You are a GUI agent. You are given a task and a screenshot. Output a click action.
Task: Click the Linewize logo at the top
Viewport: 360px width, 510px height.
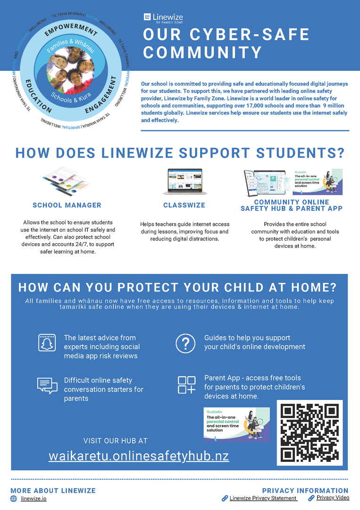163,18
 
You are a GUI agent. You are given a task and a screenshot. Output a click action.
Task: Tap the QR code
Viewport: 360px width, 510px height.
310,433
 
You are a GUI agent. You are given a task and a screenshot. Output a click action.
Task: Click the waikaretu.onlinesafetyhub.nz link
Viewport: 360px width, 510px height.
139,456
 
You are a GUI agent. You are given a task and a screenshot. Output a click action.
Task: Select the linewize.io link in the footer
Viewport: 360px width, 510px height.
33,499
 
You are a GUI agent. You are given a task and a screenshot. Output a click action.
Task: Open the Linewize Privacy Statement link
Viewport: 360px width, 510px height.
263,498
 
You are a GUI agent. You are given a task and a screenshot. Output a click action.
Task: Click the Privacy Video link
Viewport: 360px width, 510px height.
333,498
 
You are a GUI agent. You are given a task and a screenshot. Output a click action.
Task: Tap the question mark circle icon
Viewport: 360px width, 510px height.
185,343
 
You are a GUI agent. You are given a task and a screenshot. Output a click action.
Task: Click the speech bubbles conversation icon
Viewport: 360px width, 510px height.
47,386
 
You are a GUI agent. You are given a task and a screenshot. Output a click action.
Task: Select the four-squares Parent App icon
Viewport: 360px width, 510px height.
186,385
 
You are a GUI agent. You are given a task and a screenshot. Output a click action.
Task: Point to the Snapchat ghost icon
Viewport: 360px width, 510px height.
47,342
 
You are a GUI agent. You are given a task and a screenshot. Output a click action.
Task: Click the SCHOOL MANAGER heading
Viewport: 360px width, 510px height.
67,205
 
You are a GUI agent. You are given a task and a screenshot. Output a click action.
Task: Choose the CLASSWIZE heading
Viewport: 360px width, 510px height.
184,205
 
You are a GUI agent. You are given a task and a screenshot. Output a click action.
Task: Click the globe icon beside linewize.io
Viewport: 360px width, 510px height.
14,499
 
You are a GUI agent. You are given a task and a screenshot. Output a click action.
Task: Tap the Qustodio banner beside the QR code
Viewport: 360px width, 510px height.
236,425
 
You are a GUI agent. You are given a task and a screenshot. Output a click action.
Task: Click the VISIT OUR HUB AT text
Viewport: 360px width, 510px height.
116,441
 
